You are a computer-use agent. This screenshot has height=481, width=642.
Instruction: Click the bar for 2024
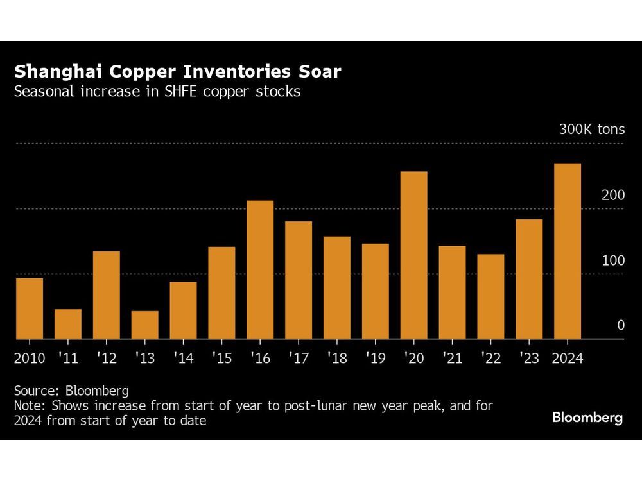[x=568, y=251]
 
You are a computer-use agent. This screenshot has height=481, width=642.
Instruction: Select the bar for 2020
[x=413, y=255]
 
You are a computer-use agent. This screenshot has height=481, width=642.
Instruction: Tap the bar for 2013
[x=144, y=325]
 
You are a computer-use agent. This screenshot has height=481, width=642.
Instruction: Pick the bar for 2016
[x=260, y=269]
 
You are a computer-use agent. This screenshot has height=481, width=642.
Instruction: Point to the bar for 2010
[x=30, y=308]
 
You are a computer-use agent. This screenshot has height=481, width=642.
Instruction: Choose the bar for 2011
[x=68, y=324]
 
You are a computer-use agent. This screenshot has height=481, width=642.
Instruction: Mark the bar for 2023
[x=529, y=279]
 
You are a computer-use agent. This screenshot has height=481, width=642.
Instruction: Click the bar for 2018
[x=337, y=287]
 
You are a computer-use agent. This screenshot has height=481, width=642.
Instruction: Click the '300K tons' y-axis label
[x=591, y=130]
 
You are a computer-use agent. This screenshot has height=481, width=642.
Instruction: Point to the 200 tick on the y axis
[x=612, y=196]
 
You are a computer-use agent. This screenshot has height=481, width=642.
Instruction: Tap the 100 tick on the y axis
[x=612, y=261]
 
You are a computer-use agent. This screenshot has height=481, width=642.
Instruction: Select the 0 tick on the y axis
[x=620, y=326]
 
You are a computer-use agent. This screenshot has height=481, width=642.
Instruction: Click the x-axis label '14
[x=183, y=358]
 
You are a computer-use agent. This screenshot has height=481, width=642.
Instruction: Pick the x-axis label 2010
[x=30, y=358]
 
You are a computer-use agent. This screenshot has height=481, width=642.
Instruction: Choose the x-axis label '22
[x=490, y=358]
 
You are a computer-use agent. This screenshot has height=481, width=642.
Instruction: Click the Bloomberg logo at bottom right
[x=587, y=418]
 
